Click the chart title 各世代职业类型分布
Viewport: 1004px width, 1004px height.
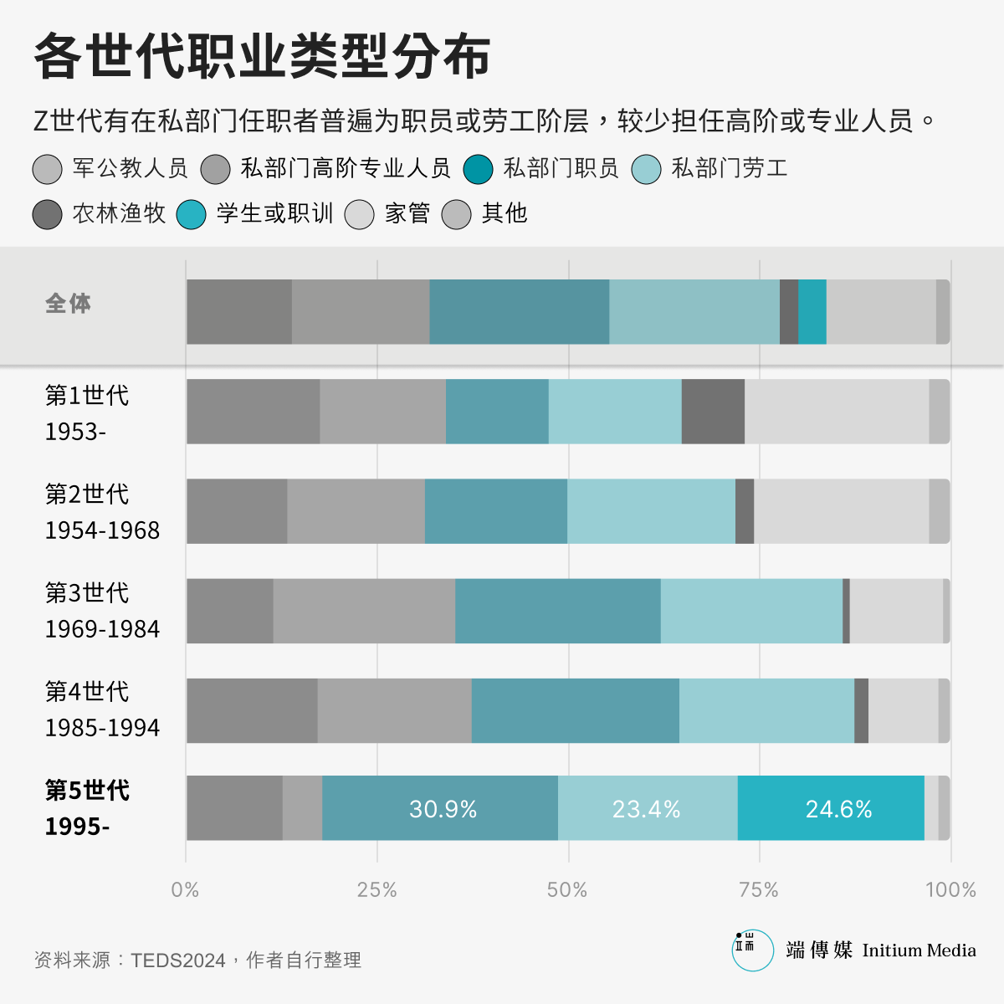[x=262, y=57]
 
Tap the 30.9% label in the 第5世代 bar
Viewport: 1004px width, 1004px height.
[x=443, y=809]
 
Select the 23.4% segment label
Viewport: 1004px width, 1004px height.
[x=646, y=809]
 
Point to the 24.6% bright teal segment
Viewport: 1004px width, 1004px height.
[x=838, y=809]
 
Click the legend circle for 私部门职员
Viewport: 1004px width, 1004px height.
[x=479, y=169]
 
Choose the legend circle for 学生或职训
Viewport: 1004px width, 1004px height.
[x=192, y=214]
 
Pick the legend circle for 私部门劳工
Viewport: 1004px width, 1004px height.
[x=647, y=169]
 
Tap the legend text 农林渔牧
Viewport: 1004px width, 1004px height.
[x=119, y=213]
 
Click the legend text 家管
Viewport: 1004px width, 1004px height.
[x=407, y=213]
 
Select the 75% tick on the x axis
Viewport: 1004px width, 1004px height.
[x=759, y=889]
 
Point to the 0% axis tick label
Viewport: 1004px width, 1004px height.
[x=185, y=889]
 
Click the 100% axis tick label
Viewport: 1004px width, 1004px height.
[x=950, y=889]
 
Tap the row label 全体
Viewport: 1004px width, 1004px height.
[x=69, y=303]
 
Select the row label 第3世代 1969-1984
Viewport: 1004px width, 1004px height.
[x=102, y=611]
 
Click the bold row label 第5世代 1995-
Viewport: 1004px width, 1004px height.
[x=87, y=808]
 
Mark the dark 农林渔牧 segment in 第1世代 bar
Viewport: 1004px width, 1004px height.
[x=713, y=412]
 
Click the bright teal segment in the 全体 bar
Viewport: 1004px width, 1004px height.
[x=812, y=312]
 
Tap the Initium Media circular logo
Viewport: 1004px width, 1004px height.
[x=752, y=950]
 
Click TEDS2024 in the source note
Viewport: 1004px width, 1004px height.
[x=178, y=960]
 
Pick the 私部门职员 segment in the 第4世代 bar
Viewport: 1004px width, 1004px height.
[x=575, y=710]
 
